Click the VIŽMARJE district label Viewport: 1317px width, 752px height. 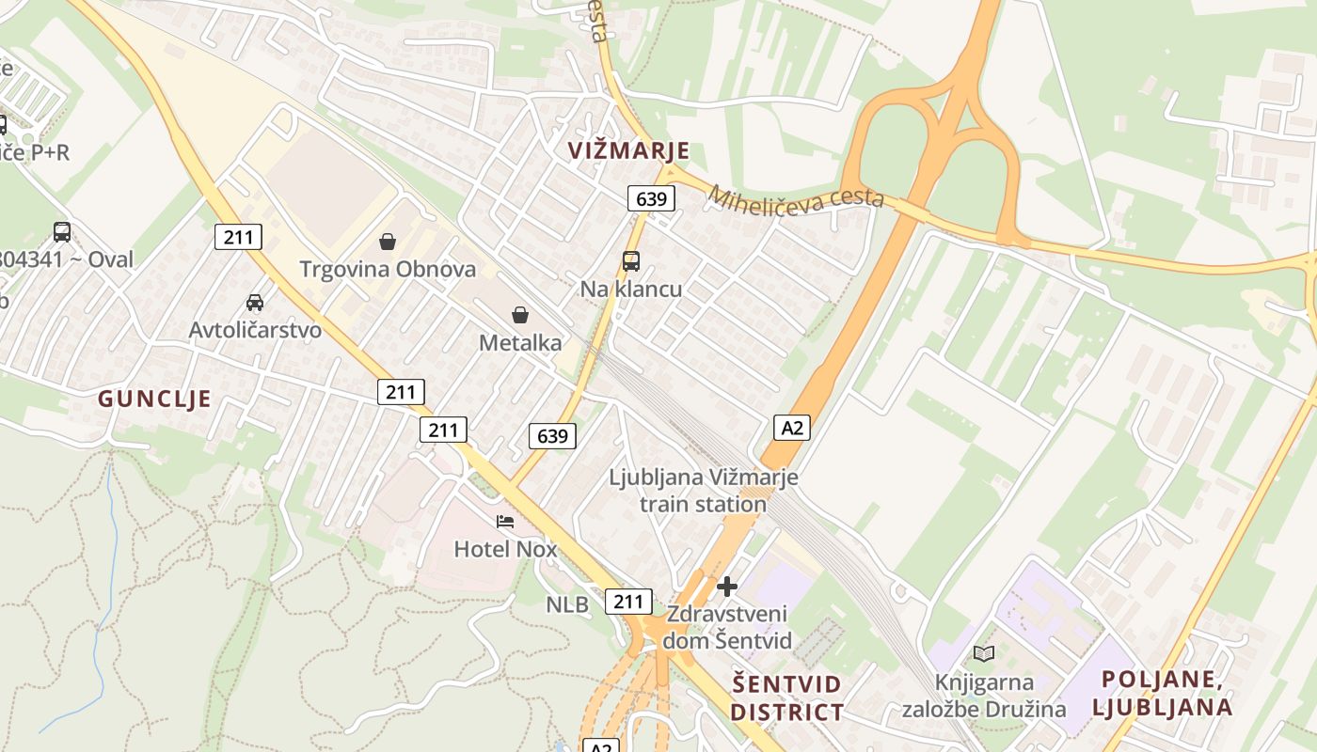(x=628, y=150)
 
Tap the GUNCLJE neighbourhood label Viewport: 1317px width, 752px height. (x=154, y=399)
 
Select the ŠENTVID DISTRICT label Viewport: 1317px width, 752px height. (x=786, y=697)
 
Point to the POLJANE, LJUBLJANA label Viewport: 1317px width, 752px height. (x=1166, y=693)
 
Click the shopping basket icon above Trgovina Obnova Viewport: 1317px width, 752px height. (x=387, y=242)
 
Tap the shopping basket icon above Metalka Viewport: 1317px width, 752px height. (x=519, y=315)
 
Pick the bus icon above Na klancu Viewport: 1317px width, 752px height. (x=630, y=261)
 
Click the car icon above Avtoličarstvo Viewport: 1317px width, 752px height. (x=254, y=302)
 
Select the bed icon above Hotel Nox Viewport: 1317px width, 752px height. (x=505, y=521)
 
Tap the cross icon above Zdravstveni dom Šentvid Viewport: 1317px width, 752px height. (x=726, y=587)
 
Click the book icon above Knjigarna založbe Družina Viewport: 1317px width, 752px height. (x=983, y=653)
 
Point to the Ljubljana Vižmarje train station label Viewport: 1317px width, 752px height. (x=704, y=491)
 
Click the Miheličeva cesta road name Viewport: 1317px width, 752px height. (x=796, y=197)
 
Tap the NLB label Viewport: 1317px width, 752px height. (x=567, y=604)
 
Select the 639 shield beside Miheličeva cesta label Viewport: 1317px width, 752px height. (x=651, y=198)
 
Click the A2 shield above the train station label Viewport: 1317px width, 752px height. (x=792, y=428)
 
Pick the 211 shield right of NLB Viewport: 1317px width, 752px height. (x=627, y=602)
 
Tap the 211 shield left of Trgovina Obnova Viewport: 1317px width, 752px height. (x=238, y=237)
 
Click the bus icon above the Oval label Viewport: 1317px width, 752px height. (x=62, y=231)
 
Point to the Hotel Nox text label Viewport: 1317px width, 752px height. (x=505, y=548)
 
